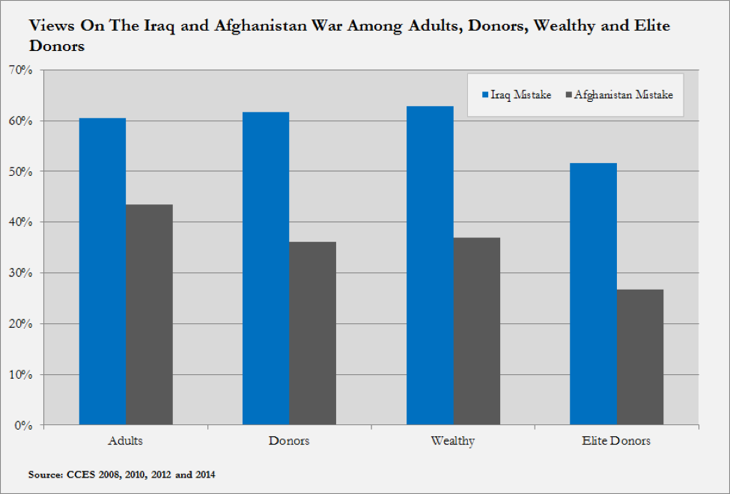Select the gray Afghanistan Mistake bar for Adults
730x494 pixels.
coord(149,314)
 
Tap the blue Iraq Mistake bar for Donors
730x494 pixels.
coord(266,269)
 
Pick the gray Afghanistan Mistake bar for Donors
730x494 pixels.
coord(312,333)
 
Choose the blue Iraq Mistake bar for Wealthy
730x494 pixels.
coord(430,266)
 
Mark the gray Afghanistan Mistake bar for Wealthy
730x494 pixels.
coord(476,331)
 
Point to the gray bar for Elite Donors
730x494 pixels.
coord(640,357)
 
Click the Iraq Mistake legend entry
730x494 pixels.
coord(517,95)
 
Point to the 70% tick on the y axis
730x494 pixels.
coord(23,70)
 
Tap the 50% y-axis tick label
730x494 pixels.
coord(23,171)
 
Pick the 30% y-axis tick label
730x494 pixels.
coord(23,273)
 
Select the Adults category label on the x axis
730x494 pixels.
coord(125,441)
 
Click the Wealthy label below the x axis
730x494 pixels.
coord(452,441)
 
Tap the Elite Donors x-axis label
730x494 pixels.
coord(616,441)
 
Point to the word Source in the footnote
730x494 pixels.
coord(46,475)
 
